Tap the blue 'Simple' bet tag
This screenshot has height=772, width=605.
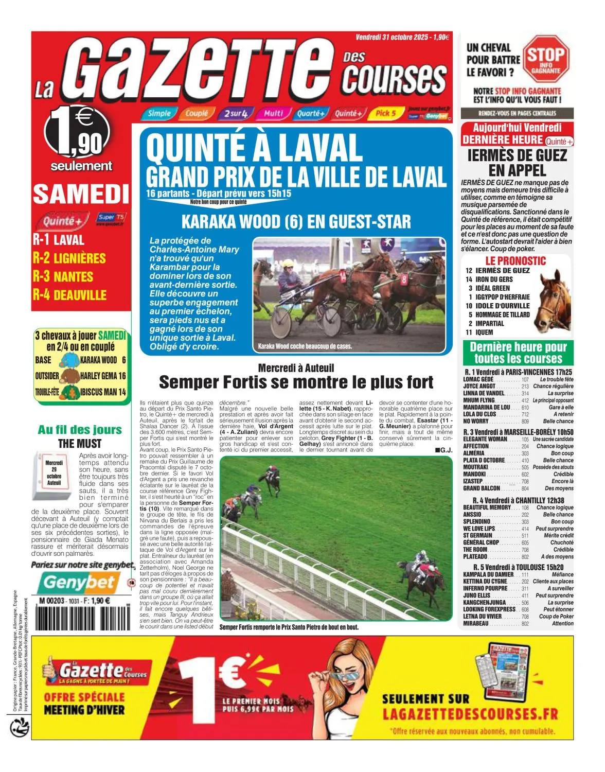[x=159, y=113]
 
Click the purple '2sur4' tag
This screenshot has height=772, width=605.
[x=235, y=113]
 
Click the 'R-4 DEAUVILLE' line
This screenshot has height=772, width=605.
[x=69, y=295]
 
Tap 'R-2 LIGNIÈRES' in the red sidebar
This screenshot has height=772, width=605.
[x=69, y=258]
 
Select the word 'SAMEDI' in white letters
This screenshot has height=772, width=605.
[x=81, y=194]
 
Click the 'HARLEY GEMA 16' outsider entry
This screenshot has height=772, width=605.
[x=103, y=376]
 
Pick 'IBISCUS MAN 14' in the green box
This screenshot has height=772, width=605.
[x=103, y=392]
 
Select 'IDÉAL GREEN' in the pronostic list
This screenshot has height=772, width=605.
[x=492, y=288]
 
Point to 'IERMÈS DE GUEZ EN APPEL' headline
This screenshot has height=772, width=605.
[x=517, y=162]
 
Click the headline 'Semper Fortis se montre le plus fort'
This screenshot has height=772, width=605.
[x=296, y=382]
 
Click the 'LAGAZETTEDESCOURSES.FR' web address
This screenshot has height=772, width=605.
[x=470, y=714]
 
